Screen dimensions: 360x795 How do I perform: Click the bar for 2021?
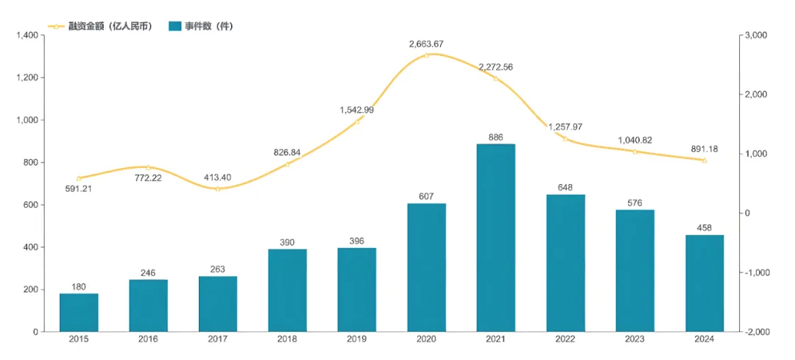[x=495, y=237]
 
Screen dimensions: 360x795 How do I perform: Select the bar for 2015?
[x=79, y=312]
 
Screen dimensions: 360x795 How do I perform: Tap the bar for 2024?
[x=704, y=283]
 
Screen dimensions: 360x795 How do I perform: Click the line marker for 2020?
[x=426, y=55]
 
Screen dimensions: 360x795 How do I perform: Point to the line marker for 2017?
[x=218, y=189]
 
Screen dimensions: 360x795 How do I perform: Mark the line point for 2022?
[x=565, y=138]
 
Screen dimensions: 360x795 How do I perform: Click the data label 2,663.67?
[x=426, y=44]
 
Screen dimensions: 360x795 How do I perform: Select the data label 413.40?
[x=218, y=177]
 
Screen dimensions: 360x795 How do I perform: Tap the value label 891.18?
[x=704, y=149]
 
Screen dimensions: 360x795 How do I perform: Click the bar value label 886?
[x=495, y=137]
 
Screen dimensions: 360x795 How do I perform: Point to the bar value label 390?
[x=287, y=242]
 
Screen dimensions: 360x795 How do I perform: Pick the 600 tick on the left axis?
[x=30, y=205]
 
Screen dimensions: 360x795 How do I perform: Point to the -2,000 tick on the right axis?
[x=757, y=332]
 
